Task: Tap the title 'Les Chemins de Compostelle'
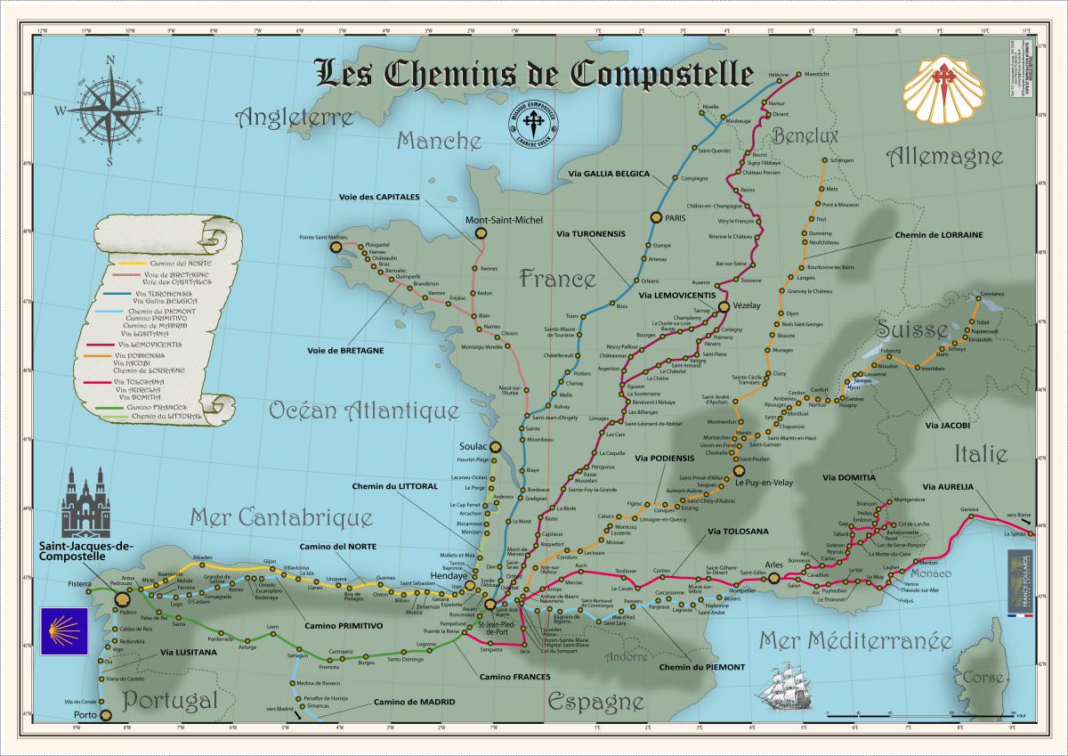pyautogui.click(x=535, y=74)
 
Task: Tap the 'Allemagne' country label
pyautogui.click(x=944, y=157)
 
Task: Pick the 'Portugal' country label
pyautogui.click(x=170, y=700)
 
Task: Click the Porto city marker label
pyautogui.click(x=85, y=714)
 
